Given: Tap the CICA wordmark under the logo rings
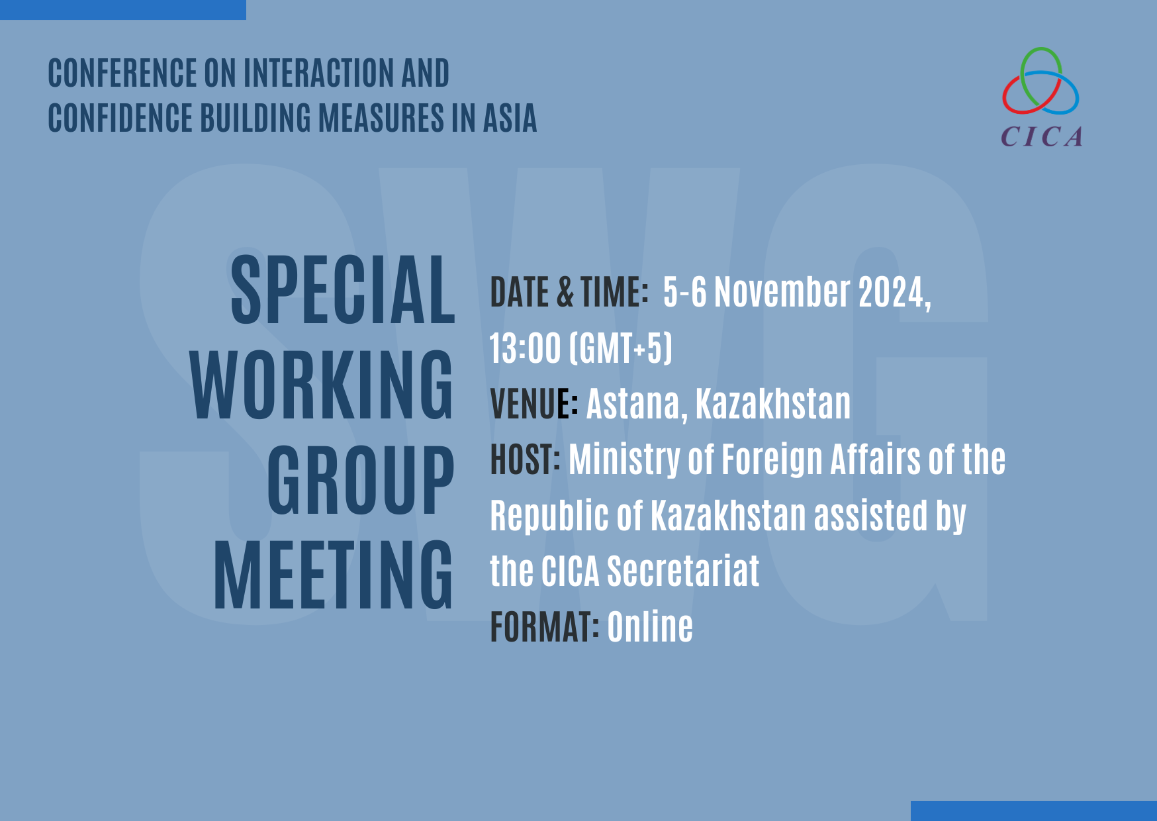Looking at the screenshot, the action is tap(1042, 137).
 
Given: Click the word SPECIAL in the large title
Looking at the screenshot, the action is tap(343, 290).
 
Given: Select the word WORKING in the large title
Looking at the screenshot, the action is tap(322, 385).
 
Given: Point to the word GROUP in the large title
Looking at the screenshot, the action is tap(361, 479).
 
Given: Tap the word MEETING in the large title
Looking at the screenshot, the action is tap(334, 574).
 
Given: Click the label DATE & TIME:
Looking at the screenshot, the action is tap(569, 292).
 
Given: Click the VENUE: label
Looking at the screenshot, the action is tap(534, 403).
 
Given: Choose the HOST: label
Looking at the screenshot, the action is tap(525, 459).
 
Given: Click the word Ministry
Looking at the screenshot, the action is tap(624, 460).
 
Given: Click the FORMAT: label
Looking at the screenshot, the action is tap(545, 626).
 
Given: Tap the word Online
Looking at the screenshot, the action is tap(650, 626).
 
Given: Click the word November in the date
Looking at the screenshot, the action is tap(782, 292).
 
